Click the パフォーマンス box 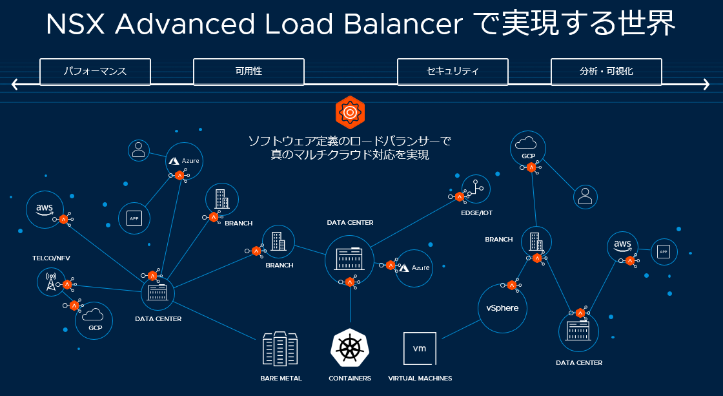click(x=95, y=72)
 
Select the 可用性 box click(x=249, y=72)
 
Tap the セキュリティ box click(x=453, y=72)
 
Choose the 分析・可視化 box click(x=606, y=72)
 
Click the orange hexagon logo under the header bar click(x=350, y=112)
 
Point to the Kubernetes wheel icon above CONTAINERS click(x=350, y=348)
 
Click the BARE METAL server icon click(x=281, y=349)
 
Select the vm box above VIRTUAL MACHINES click(x=420, y=349)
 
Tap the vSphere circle click(x=502, y=308)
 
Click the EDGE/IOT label click(x=477, y=213)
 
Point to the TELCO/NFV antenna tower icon click(x=50, y=282)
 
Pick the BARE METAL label click(x=281, y=379)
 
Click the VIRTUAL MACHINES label click(x=420, y=379)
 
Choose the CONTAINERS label click(x=350, y=379)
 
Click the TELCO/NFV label click(x=51, y=258)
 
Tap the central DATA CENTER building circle click(x=349, y=259)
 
